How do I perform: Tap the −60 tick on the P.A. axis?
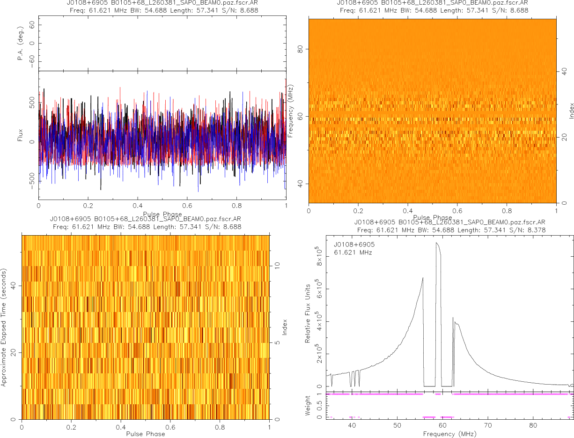31,61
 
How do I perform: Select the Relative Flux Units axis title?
308,313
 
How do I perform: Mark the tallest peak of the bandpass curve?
437,243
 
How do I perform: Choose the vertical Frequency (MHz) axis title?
291,111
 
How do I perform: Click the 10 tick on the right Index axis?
277,265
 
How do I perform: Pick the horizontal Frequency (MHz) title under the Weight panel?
449,434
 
